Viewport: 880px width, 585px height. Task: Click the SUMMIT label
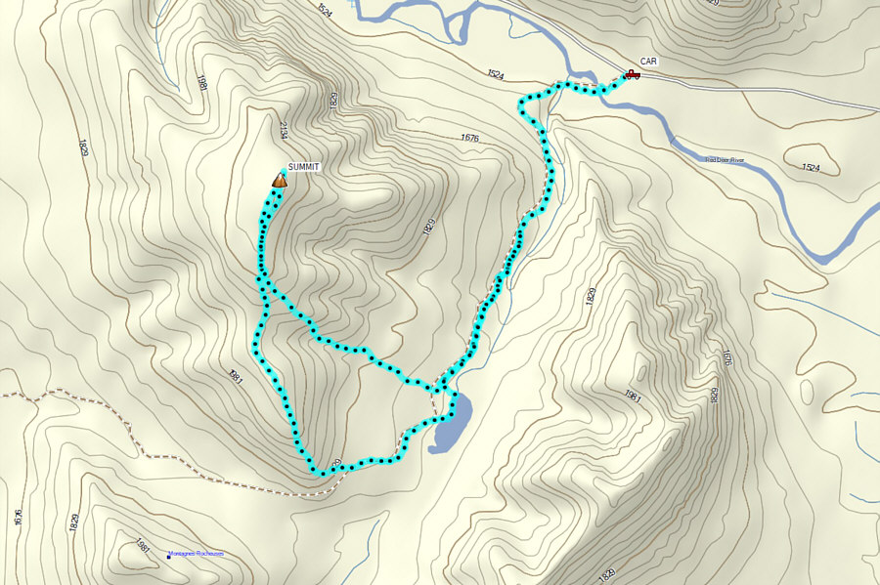pos(304,168)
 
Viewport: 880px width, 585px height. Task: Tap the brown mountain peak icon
pos(280,179)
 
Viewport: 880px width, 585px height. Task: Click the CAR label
pos(649,61)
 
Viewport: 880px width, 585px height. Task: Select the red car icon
pos(632,74)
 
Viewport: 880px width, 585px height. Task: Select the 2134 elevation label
pos(282,131)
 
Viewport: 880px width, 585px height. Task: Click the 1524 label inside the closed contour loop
pos(810,168)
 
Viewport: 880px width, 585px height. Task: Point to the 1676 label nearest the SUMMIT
pos(467,139)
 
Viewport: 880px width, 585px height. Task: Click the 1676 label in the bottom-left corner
pos(19,517)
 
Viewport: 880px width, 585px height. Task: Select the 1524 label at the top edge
pos(325,11)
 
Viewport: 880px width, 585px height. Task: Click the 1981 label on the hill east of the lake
pos(631,396)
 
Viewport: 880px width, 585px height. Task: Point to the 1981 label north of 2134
pos(201,83)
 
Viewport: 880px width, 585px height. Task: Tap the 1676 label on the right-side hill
pos(726,358)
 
